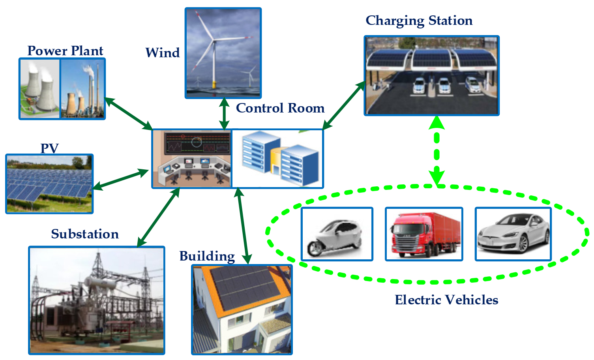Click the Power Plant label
pyautogui.click(x=65, y=51)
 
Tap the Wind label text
pyautogui.click(x=163, y=52)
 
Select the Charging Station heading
pyautogui.click(x=419, y=21)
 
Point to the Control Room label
pyautogui.click(x=280, y=108)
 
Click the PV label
pyautogui.click(x=50, y=148)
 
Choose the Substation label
pyautogui.click(x=85, y=234)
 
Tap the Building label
pyautogui.click(x=207, y=256)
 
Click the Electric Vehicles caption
pyautogui.click(x=446, y=300)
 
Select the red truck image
pyautogui.click(x=424, y=234)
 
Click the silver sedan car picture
pyautogui.click(x=513, y=234)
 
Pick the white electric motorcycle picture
pyautogui.click(x=337, y=234)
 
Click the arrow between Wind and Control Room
pyautogui.click(x=224, y=114)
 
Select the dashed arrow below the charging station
pyautogui.click(x=437, y=150)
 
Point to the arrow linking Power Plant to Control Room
pyautogui.click(x=129, y=114)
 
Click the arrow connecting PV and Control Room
pyautogui.click(x=120, y=180)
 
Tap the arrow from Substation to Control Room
pyautogui.click(x=158, y=217)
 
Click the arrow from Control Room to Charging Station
pyautogui.click(x=344, y=105)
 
